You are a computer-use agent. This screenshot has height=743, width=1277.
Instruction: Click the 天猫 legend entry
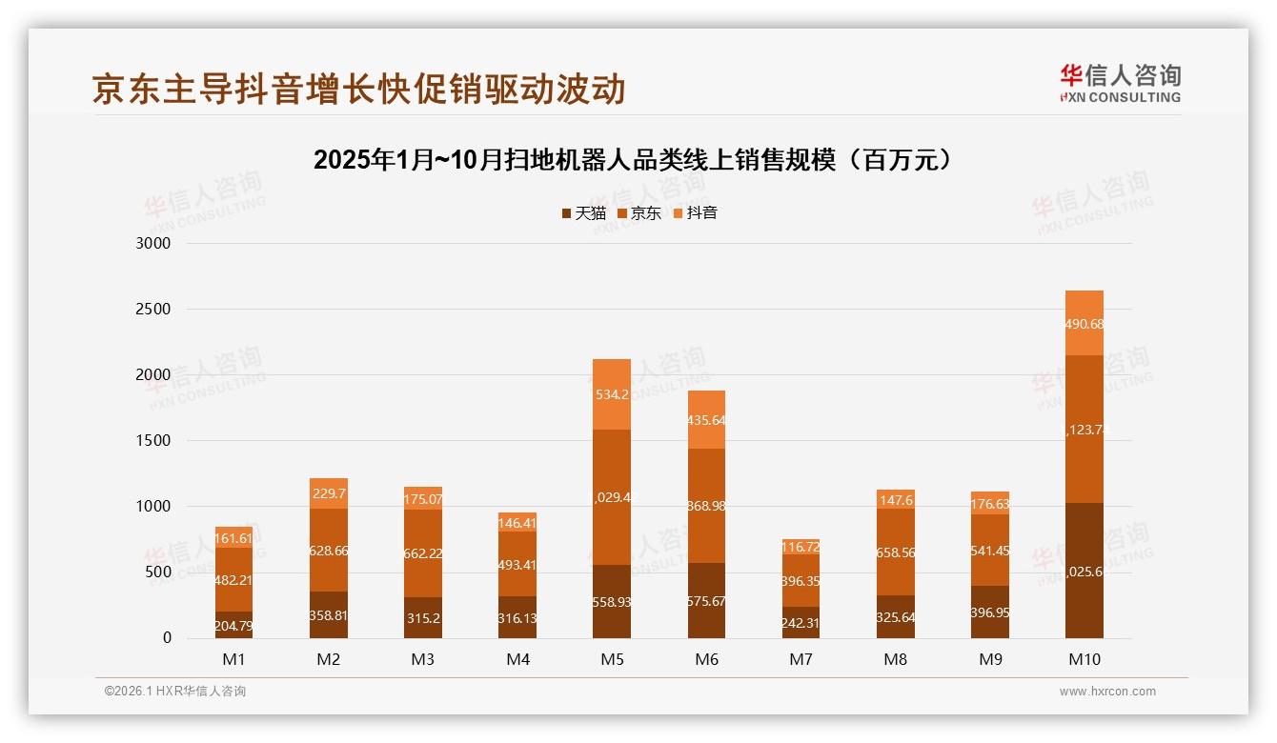coord(583,213)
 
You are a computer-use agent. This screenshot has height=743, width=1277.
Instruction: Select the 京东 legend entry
coord(639,213)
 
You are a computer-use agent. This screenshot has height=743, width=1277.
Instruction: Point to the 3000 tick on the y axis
coord(152,244)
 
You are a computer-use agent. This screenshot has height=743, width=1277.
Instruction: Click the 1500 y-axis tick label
coord(152,441)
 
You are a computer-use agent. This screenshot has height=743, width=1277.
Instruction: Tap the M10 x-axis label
coord(1084,659)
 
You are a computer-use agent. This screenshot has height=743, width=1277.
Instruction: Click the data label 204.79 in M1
coord(233,626)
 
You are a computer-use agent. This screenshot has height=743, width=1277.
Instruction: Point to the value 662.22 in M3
coord(422,553)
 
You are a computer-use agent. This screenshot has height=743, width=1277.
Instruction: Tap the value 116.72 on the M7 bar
coord(801,548)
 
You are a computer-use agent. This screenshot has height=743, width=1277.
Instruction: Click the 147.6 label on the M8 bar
coord(895,500)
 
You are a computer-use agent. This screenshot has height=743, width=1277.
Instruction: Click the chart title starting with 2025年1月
coord(633,160)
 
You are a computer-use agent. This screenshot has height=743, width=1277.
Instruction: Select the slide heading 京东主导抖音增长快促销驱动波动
coord(358,89)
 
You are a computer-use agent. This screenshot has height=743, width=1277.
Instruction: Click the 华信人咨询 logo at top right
coord(1120,83)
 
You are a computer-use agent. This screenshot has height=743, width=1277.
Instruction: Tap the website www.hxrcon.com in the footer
coord(1107,692)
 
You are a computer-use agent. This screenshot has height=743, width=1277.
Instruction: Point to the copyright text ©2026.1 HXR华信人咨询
coord(175,692)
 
